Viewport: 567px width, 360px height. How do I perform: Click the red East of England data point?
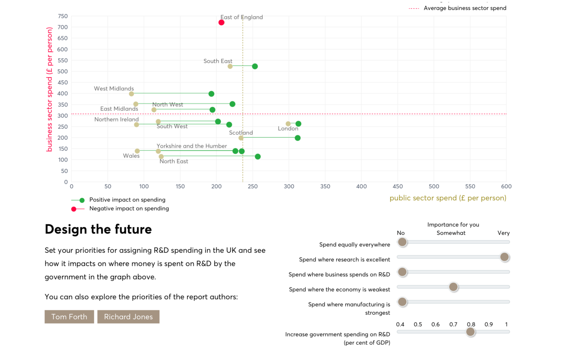click(221, 22)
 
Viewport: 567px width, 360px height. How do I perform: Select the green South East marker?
click(255, 66)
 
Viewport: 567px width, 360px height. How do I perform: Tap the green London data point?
click(298, 124)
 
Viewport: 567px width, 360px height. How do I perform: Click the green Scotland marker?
click(298, 138)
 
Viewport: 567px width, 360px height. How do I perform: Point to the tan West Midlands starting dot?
click(132, 94)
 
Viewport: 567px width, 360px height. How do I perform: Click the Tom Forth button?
click(69, 317)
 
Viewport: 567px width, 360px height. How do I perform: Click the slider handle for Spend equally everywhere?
click(402, 242)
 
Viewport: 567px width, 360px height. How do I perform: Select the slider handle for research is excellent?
click(504, 257)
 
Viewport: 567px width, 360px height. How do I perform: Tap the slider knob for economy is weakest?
click(453, 287)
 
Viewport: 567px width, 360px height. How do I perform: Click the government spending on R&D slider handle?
click(470, 332)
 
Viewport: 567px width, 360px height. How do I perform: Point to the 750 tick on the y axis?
click(63, 16)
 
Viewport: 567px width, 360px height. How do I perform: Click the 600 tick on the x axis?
click(506, 186)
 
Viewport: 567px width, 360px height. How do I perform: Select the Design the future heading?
click(98, 229)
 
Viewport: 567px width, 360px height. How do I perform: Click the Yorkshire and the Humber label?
click(192, 146)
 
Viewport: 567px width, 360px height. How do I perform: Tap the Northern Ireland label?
click(117, 119)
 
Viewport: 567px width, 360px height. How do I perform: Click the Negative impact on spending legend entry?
click(129, 208)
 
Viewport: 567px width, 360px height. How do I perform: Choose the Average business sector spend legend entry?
click(465, 8)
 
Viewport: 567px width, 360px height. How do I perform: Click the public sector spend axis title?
click(448, 198)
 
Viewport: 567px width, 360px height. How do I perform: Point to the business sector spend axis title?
click(49, 89)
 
